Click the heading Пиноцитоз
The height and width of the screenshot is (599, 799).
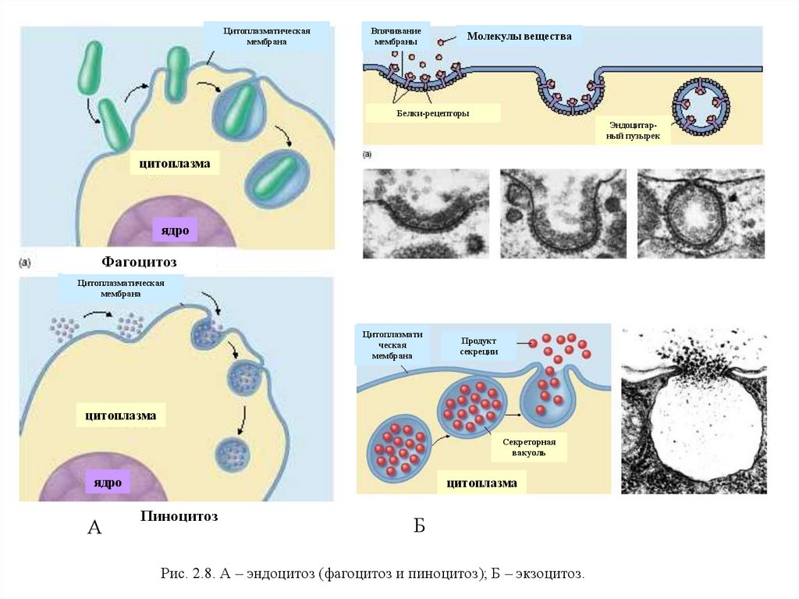179,516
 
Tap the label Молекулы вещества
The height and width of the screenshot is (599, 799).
519,37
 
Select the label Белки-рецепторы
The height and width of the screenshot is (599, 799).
432,113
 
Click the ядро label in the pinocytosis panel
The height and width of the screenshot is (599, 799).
108,483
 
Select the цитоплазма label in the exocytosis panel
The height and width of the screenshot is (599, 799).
481,483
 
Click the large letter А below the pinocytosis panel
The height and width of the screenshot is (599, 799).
94,529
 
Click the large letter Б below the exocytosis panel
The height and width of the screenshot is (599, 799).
419,526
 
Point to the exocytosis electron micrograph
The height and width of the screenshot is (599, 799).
694,410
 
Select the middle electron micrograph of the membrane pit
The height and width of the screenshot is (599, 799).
563,213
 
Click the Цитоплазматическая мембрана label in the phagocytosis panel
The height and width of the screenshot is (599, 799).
267,36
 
